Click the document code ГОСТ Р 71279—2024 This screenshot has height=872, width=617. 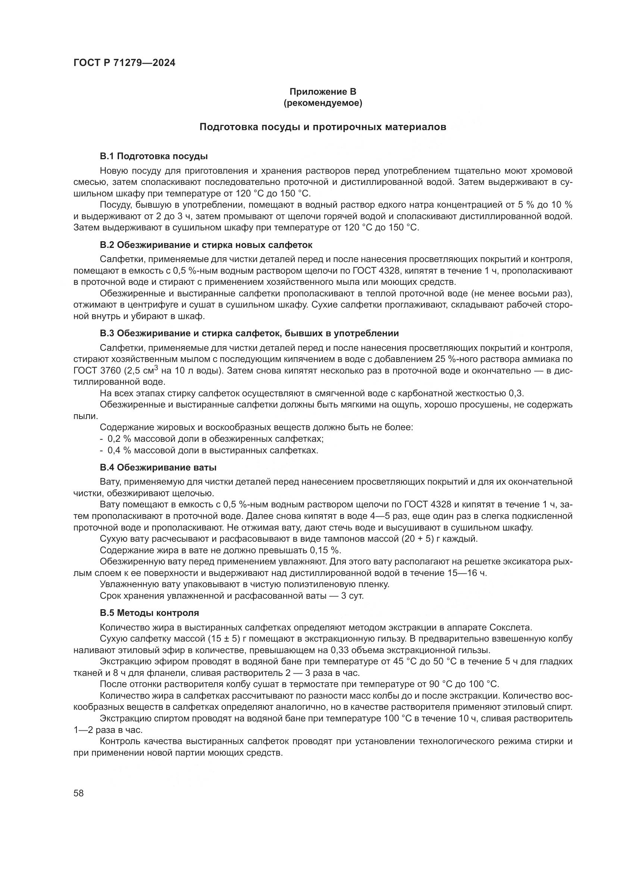(x=124, y=63)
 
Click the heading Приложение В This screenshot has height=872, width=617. (x=323, y=92)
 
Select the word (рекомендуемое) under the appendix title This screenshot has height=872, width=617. (x=323, y=103)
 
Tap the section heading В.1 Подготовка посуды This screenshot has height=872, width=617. (x=154, y=156)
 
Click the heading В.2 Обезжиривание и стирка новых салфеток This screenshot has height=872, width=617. (x=206, y=245)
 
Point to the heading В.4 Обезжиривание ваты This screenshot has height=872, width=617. (x=158, y=467)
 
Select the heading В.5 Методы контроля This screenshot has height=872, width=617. (x=149, y=613)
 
